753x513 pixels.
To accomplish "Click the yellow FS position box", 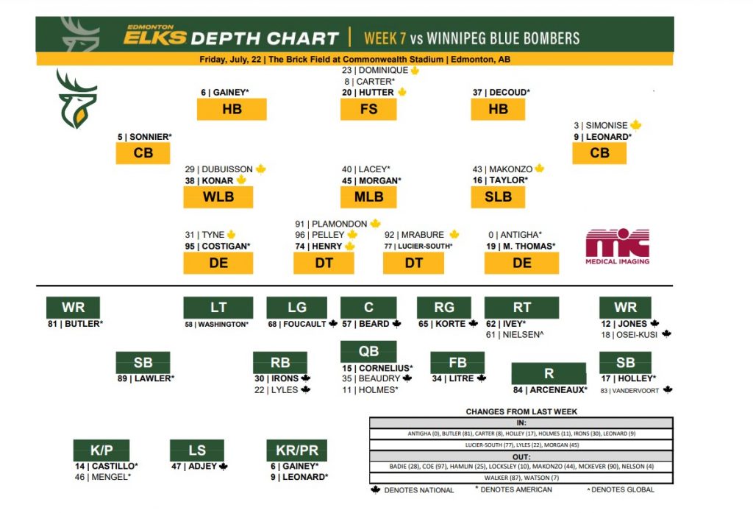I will coord(368,109).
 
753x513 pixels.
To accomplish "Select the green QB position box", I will coord(368,352).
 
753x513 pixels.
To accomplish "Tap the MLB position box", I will coord(368,197).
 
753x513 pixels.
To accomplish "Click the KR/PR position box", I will coord(296,450).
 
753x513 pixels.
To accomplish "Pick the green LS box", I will coord(196,450).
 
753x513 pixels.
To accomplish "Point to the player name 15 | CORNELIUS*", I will coord(377,368).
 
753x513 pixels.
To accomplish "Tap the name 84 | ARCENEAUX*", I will coord(550,390).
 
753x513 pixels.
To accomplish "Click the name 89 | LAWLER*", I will coord(144,379).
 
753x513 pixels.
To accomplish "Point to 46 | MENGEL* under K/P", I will coord(102,477).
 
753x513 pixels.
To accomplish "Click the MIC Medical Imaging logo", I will coord(617,247).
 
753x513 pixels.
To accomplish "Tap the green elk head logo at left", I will coord(76,99).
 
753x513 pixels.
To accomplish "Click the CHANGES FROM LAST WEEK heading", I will coord(521,411).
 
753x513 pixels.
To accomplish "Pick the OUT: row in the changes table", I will coord(521,456).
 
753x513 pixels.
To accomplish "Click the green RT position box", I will coord(521,308).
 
